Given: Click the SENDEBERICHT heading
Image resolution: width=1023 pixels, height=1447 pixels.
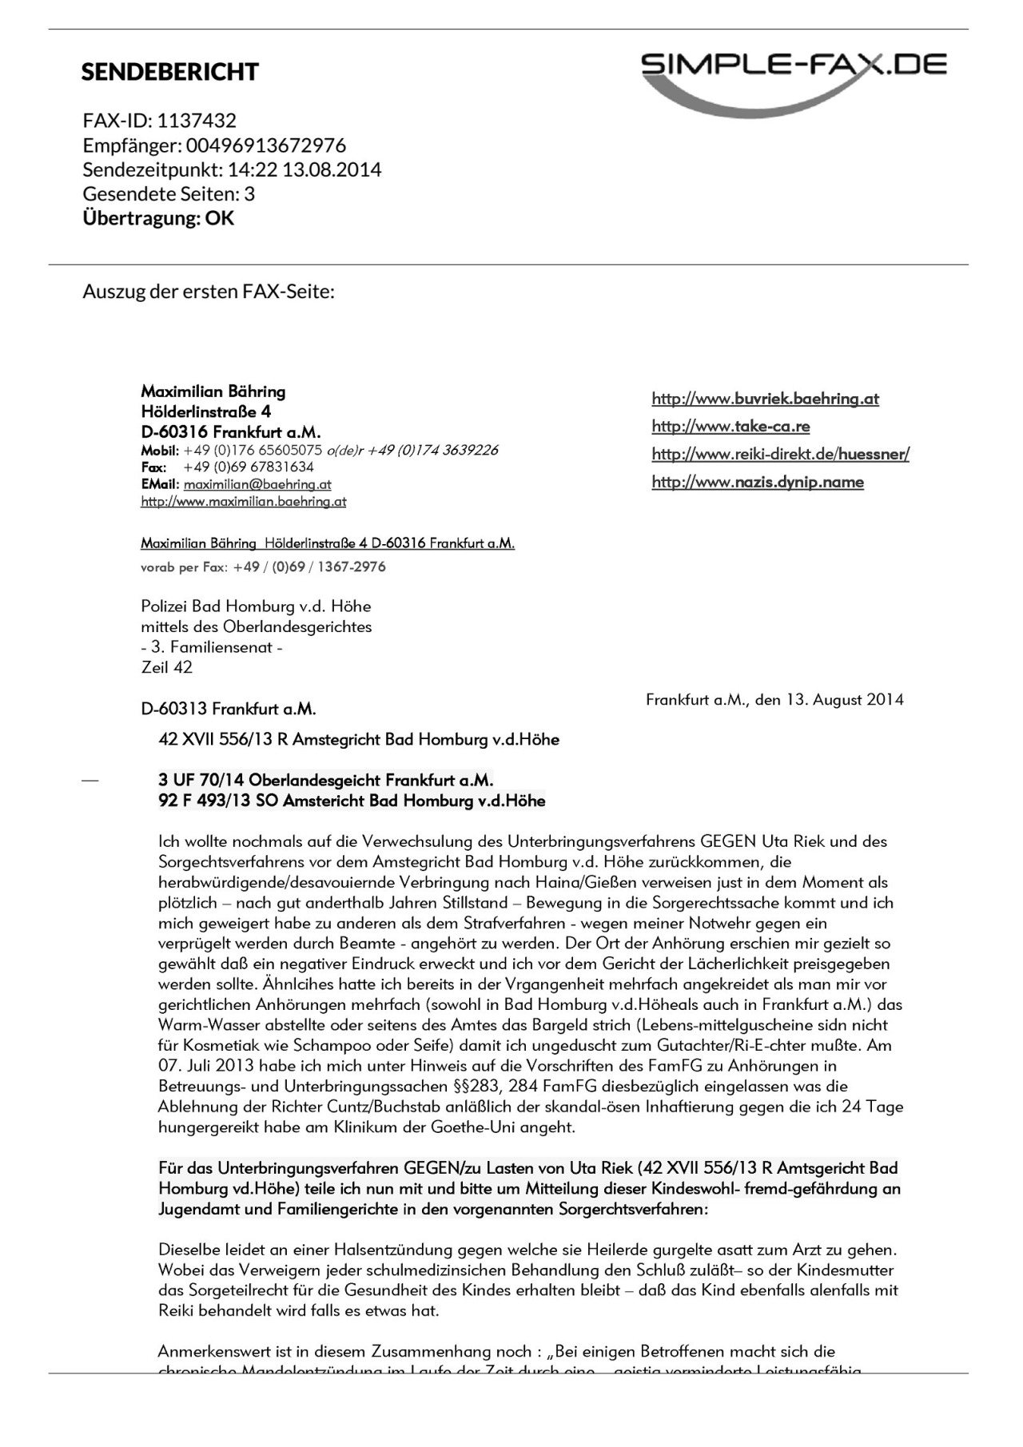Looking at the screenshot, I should tap(169, 72).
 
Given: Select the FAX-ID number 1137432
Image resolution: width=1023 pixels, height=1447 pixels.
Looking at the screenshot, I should tap(197, 121).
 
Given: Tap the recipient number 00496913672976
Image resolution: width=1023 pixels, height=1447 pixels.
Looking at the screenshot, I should tap(266, 145).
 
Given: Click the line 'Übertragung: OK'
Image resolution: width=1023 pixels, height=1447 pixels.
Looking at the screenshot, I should tap(158, 218).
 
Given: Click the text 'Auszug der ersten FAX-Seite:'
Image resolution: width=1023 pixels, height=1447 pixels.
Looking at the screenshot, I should tap(208, 291).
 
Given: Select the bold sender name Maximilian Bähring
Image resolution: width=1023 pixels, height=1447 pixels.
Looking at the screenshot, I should tap(213, 392).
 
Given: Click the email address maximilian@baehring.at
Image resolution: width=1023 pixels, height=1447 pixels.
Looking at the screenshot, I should tap(257, 484).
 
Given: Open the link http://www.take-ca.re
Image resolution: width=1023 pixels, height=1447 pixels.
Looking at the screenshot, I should tap(730, 427).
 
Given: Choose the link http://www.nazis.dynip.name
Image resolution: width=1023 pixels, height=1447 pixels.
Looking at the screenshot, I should tap(758, 482).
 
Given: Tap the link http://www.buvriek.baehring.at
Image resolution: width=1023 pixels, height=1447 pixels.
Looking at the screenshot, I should tap(765, 399).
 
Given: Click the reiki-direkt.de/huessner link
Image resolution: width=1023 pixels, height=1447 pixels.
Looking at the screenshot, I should tap(780, 454).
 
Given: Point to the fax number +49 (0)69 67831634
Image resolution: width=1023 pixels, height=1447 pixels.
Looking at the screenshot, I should tap(249, 467).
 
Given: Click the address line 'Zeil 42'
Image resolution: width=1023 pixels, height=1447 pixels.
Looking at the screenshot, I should tap(167, 667).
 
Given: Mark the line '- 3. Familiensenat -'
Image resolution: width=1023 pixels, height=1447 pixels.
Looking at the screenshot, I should tap(212, 647).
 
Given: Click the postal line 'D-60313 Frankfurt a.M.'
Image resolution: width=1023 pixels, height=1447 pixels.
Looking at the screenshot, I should tap(229, 709).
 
